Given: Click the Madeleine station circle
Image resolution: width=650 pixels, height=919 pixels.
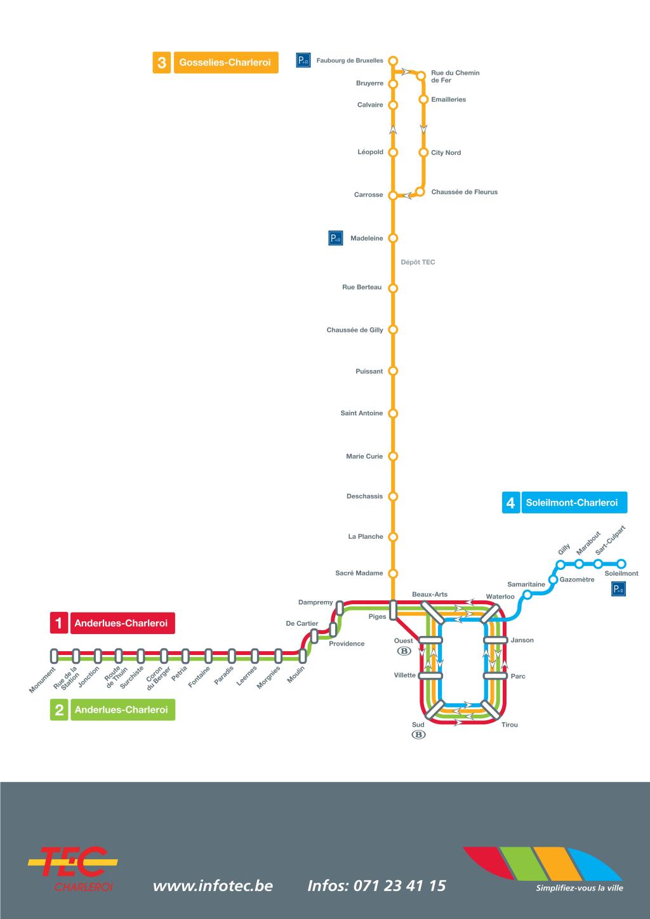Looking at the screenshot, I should tap(393, 239).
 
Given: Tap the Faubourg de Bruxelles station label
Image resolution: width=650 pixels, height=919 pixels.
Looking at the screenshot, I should tap(350, 61).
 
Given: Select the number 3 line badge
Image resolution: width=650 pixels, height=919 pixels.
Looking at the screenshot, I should tap(162, 63).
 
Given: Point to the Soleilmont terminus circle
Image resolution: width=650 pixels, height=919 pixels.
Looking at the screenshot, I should tap(621, 564).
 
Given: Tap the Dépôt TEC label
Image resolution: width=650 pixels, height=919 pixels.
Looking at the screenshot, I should tap(418, 262).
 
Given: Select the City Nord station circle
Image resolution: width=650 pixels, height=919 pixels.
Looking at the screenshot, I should tap(423, 152).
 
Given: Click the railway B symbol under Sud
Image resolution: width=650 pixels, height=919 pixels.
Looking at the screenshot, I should tap(418, 735).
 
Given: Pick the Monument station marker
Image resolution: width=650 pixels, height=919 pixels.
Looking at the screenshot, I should tap(55, 655).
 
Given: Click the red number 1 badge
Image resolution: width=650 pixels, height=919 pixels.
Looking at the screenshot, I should tap(58, 623).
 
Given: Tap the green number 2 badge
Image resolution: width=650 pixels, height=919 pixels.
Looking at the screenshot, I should tap(58, 710).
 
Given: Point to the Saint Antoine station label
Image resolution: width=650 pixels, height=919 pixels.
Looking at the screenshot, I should tap(362, 413).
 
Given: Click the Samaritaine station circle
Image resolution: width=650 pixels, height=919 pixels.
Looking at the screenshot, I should tap(527, 595).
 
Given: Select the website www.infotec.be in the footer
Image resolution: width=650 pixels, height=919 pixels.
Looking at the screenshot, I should tap(213, 885).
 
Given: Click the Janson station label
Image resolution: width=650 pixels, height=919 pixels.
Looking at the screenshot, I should tap(522, 640).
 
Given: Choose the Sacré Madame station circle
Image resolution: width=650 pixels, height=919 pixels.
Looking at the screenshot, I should tap(393, 574).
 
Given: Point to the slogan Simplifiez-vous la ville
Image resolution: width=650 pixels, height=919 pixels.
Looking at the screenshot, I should tap(580, 888).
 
